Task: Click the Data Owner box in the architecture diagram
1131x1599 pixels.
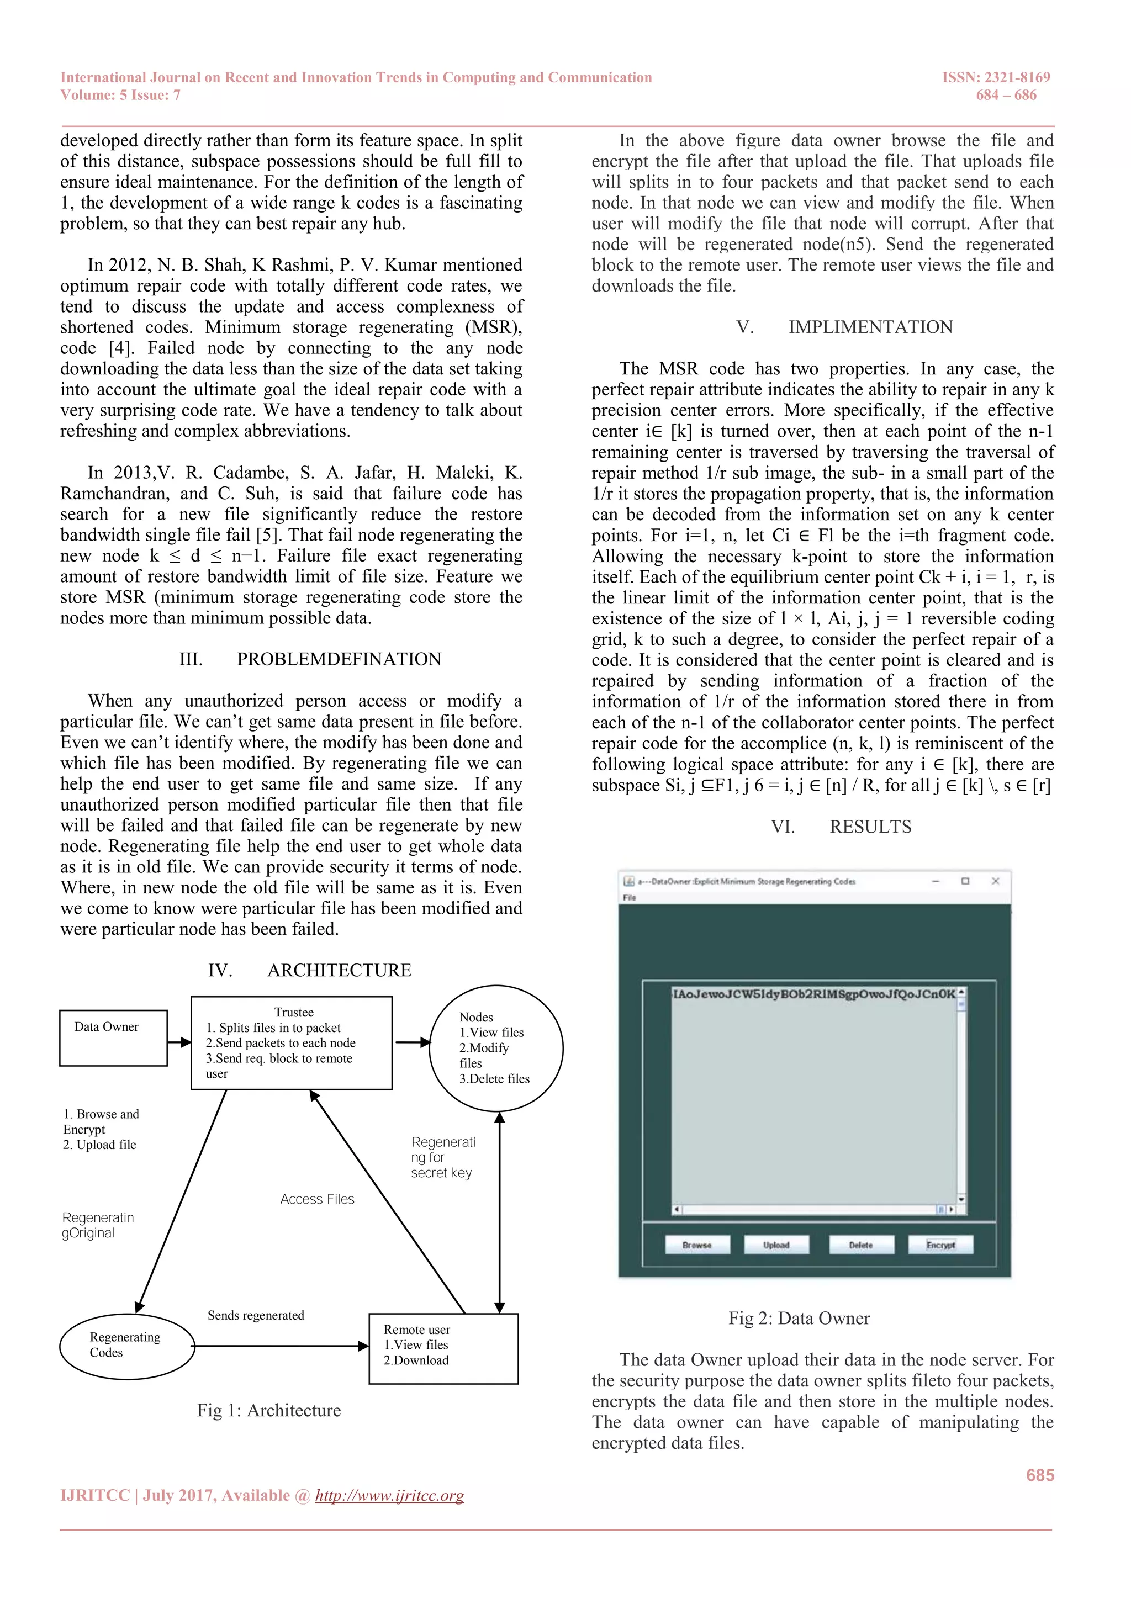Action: point(113,1037)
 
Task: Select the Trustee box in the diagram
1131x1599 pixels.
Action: point(291,1042)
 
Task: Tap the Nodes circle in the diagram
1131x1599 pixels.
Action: point(496,1047)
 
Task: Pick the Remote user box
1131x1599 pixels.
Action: point(443,1348)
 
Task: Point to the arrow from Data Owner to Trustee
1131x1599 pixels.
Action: point(179,1042)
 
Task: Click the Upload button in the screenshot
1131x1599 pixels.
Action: point(776,1245)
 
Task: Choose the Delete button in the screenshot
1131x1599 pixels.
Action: point(861,1245)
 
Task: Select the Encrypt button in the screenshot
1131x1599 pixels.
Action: point(940,1245)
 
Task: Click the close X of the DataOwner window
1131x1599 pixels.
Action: point(995,881)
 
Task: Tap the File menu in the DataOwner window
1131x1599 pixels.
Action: point(630,898)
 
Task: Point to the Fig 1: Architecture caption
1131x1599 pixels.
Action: point(269,1410)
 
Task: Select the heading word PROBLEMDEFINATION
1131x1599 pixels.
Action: point(339,659)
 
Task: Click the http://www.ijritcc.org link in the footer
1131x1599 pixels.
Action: point(389,1495)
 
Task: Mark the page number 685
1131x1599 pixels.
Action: point(1040,1475)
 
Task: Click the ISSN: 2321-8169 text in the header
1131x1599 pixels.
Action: point(996,77)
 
